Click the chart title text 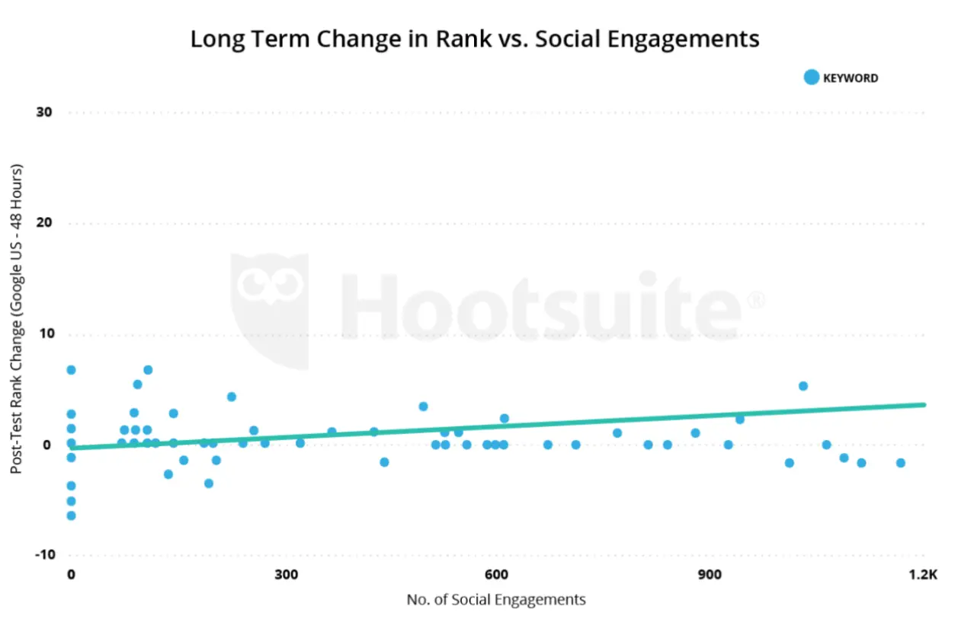[474, 39]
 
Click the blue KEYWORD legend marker [811, 78]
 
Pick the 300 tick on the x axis [287, 575]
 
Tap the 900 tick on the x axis [710, 575]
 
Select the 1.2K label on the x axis [923, 575]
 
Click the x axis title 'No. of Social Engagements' [496, 600]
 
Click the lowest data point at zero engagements [71, 515]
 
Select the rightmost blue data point [900, 463]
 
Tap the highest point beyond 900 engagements [803, 386]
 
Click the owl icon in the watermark [270, 305]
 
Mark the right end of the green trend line [923, 404]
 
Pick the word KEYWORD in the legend [851, 78]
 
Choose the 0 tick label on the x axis [71, 575]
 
